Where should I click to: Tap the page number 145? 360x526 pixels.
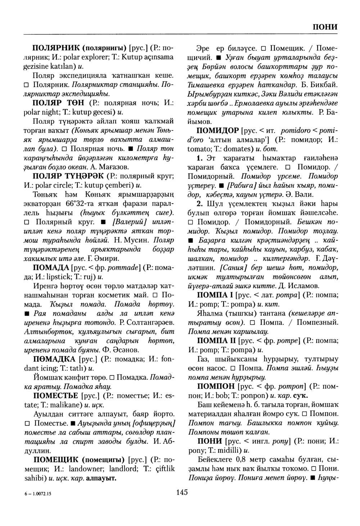(182, 492)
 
